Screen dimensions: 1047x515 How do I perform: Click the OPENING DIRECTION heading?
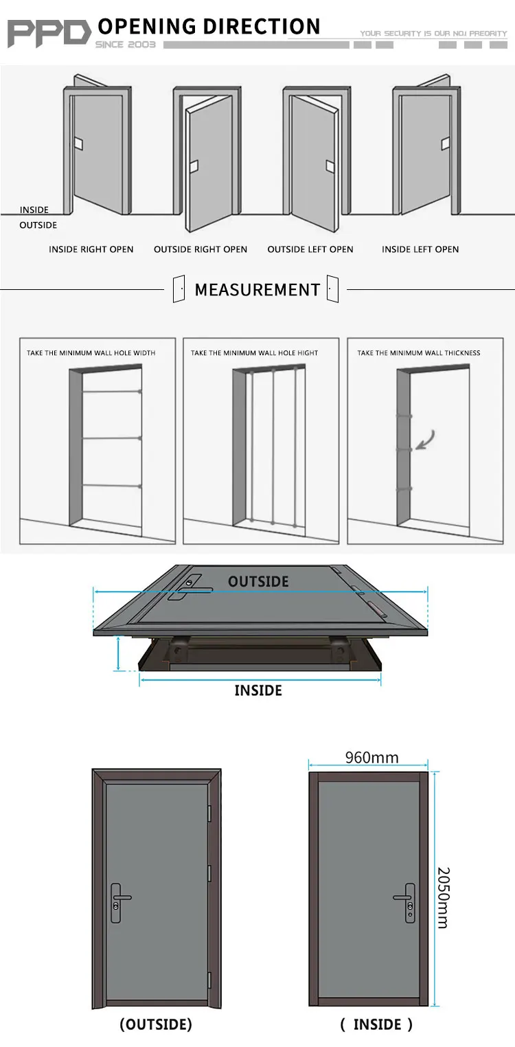[x=209, y=27]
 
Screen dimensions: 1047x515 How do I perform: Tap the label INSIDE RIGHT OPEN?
[x=91, y=249]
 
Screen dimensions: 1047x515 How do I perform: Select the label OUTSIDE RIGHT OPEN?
[x=201, y=249]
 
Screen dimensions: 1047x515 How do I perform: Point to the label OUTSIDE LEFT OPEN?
[x=310, y=249]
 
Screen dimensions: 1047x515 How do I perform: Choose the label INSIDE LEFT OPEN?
[x=420, y=249]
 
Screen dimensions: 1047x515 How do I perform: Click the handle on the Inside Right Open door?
[x=79, y=144]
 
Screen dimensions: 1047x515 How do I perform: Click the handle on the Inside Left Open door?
[x=445, y=144]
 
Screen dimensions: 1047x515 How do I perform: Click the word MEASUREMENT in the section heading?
[x=257, y=290]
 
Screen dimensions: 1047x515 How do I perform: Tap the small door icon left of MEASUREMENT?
[x=179, y=289]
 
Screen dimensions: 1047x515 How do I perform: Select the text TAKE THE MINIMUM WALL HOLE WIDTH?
[x=91, y=353]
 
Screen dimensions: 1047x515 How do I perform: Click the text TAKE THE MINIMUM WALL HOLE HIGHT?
[x=254, y=353]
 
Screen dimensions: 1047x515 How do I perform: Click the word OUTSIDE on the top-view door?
[x=258, y=582]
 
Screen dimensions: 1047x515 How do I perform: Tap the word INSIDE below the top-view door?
[x=258, y=690]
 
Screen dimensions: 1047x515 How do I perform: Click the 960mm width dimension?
[x=371, y=757]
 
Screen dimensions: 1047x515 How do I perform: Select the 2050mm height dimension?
[x=443, y=897]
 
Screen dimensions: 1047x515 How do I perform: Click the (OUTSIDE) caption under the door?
[x=156, y=1024]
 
